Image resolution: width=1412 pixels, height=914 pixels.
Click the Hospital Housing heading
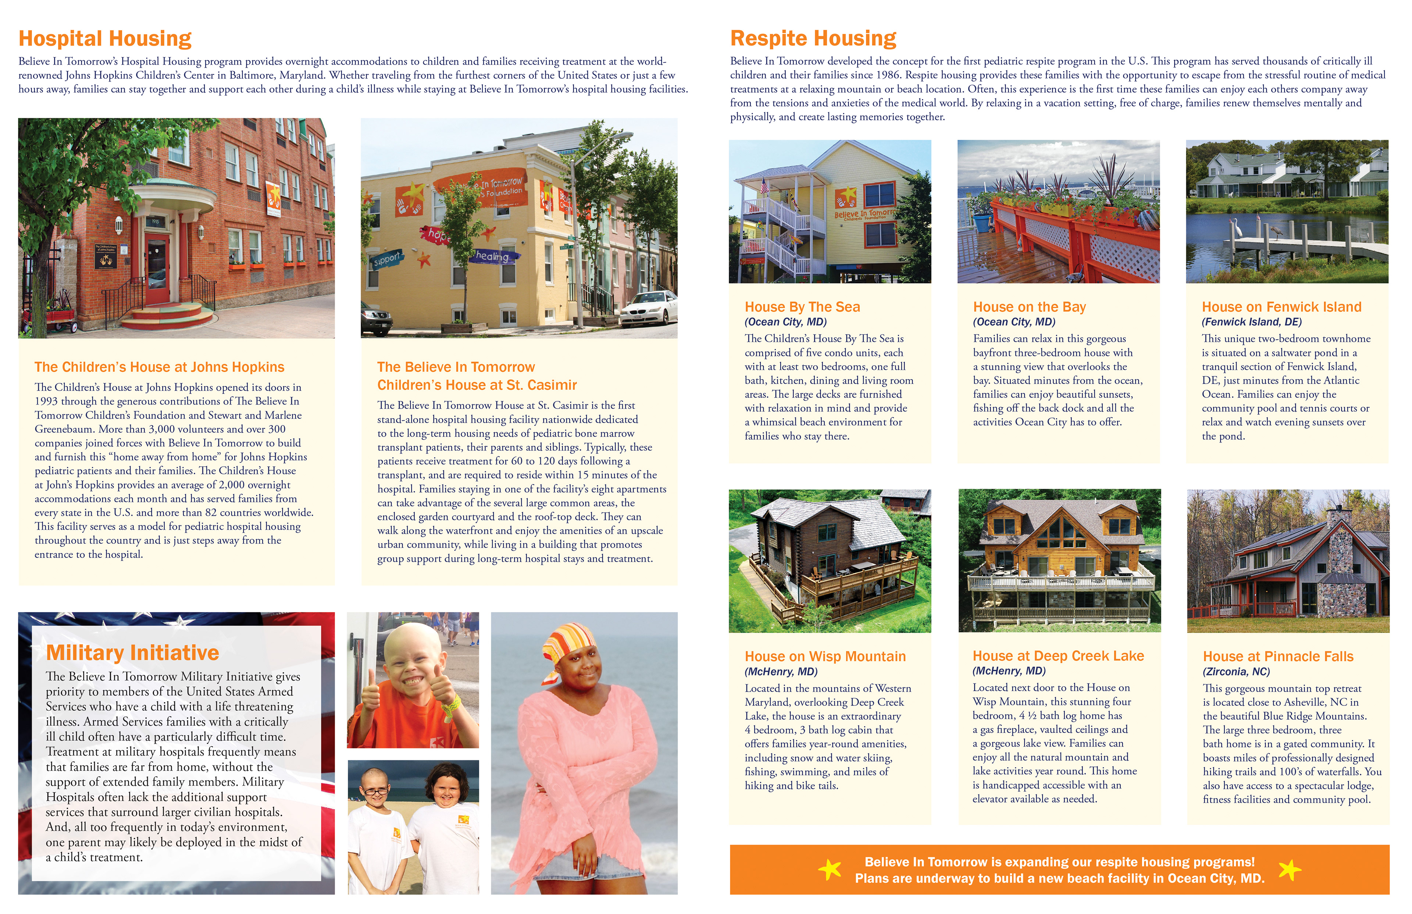(105, 39)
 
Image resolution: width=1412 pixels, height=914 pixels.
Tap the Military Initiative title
(132, 653)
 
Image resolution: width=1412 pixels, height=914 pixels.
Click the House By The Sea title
(802, 307)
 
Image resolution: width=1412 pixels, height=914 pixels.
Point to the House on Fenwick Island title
(1281, 307)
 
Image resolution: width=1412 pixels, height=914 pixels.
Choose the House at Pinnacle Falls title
(1278, 657)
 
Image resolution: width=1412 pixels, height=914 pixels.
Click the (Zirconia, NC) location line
(1236, 672)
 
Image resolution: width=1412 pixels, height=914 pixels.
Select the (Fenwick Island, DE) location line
(1251, 322)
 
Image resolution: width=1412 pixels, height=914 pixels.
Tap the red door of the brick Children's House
(157, 270)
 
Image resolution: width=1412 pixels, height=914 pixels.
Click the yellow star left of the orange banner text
(830, 870)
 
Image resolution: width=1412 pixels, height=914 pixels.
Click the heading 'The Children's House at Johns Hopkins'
(159, 367)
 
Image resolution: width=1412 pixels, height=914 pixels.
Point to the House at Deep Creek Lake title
(1058, 656)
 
